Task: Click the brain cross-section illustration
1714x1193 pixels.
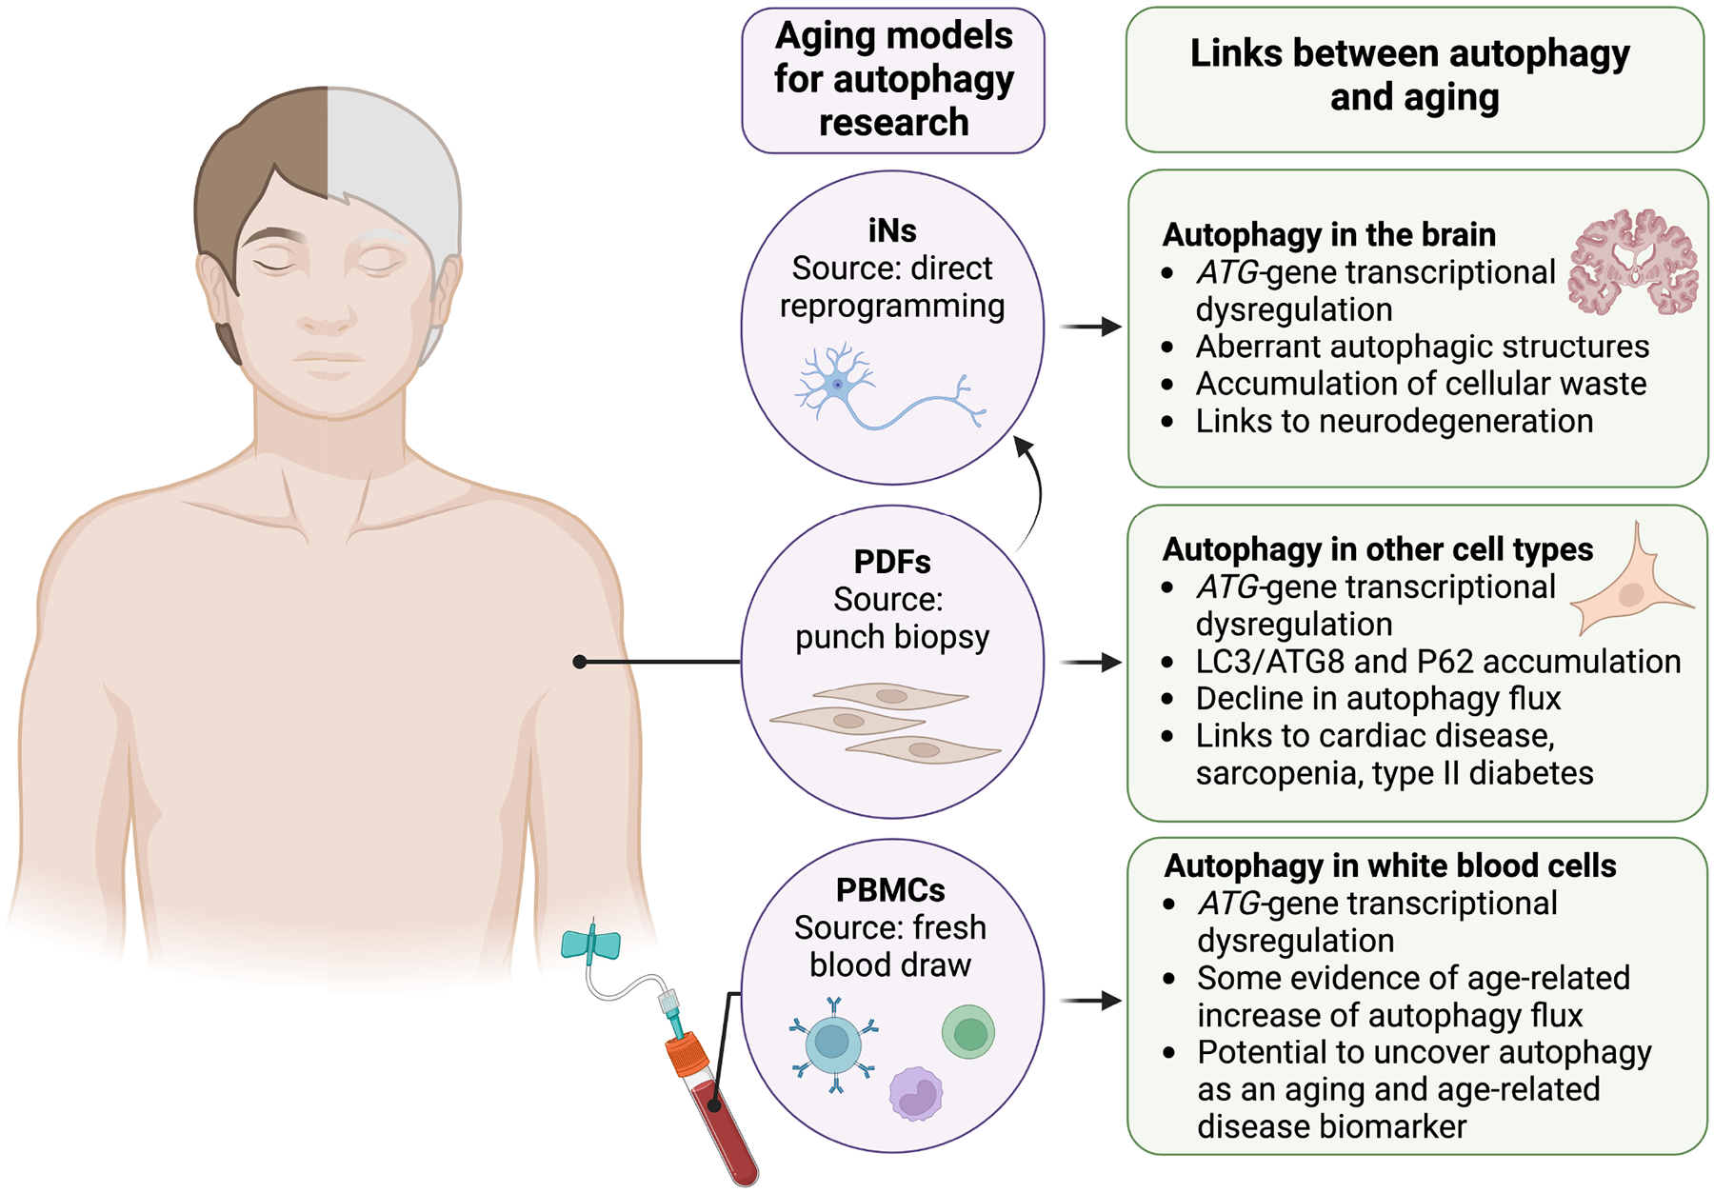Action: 1632,263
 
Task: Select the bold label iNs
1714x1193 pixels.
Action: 892,230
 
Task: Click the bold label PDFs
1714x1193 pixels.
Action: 892,562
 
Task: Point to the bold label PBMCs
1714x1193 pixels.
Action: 890,890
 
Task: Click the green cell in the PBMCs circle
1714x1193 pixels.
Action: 968,1032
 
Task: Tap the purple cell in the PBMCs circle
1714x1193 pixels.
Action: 916,1093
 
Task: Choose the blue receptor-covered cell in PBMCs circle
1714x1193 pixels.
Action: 833,1043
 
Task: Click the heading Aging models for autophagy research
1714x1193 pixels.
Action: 893,79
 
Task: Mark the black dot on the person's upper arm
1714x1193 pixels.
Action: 579,662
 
